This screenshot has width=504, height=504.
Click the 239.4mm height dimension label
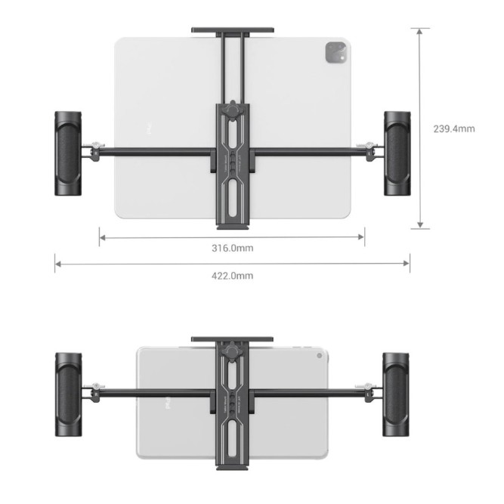point(454,128)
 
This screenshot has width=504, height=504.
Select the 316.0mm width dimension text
point(232,248)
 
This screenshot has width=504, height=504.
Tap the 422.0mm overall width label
point(232,276)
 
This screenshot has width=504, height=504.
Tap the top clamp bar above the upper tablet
point(232,31)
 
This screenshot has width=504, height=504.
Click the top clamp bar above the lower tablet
point(231,339)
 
